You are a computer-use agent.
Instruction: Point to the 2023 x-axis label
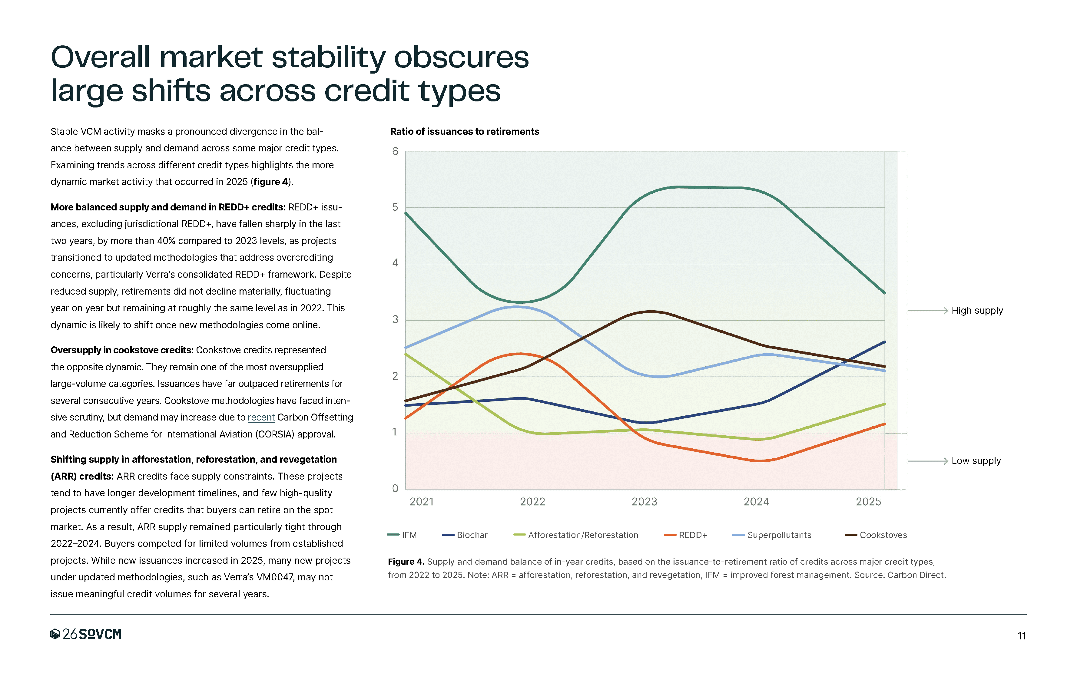pyautogui.click(x=644, y=502)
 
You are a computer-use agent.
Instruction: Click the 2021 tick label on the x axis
pyautogui.click(x=421, y=502)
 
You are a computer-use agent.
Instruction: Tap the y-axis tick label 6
pyautogui.click(x=395, y=152)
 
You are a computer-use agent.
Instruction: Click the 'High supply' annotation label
pyautogui.click(x=977, y=311)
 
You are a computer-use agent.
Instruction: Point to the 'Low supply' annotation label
pyautogui.click(x=976, y=461)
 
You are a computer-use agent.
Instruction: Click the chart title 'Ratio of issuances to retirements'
pyautogui.click(x=464, y=132)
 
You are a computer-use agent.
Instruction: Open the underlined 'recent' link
pyautogui.click(x=261, y=417)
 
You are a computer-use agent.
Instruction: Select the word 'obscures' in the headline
pyautogui.click(x=461, y=58)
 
